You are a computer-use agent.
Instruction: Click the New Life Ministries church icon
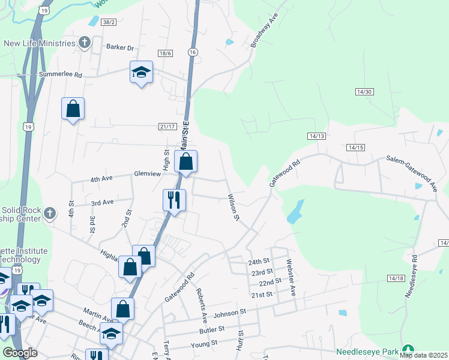click(x=85, y=43)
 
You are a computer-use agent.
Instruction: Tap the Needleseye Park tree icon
click(x=408, y=350)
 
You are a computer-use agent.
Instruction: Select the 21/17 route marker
click(x=167, y=126)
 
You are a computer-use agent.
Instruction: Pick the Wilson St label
click(x=233, y=206)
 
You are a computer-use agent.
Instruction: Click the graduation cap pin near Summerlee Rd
click(x=141, y=73)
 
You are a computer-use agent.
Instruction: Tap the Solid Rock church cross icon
click(x=50, y=213)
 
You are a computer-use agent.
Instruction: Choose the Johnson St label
click(x=230, y=313)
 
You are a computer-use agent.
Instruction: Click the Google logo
click(x=20, y=353)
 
